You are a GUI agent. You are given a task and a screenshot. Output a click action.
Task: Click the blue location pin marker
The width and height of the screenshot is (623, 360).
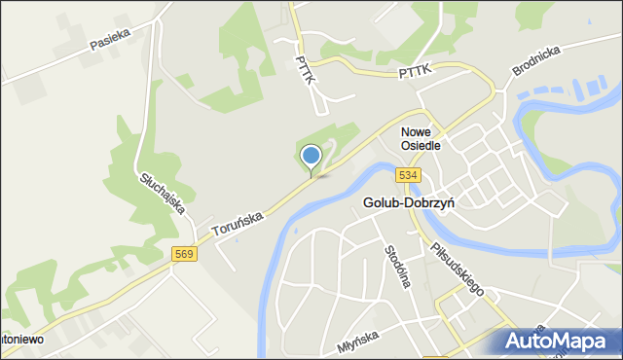click(311, 157)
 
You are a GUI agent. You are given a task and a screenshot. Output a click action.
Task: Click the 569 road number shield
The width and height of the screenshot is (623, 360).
click(184, 254)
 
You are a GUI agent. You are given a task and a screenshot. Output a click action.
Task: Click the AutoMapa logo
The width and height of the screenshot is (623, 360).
click(560, 341)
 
